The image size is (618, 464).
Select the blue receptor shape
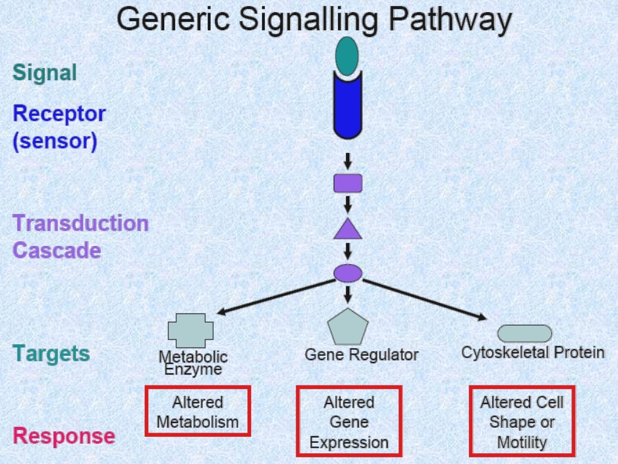pos(348,106)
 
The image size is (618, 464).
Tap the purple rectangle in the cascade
pos(348,183)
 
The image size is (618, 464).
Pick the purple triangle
pos(348,230)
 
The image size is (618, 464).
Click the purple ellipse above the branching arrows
pos(348,273)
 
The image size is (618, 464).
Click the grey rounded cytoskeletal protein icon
pos(524,333)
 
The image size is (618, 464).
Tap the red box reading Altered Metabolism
pos(197,411)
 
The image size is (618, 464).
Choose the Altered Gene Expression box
pos(349,422)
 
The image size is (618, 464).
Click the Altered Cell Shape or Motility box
pos(522,421)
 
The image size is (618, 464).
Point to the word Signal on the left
pos(45,73)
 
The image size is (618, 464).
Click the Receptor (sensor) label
pos(59,127)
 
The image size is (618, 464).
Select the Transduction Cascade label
pos(80,236)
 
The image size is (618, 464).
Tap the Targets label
pos(51,353)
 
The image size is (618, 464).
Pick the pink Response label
pos(64,436)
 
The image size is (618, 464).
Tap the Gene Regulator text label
pos(361,355)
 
